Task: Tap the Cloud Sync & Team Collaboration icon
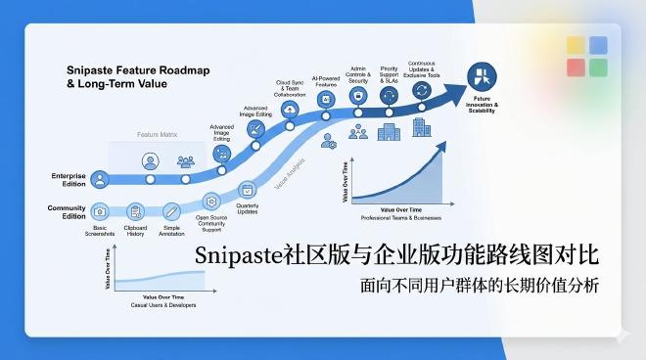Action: pyautogui.click(x=291, y=110)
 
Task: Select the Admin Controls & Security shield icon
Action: pyautogui.click(x=358, y=96)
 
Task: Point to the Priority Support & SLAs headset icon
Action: pyautogui.click(x=389, y=95)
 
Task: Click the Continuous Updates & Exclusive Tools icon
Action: pyautogui.click(x=422, y=90)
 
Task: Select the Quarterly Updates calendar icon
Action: pyautogui.click(x=247, y=189)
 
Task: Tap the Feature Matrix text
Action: pyautogui.click(x=157, y=133)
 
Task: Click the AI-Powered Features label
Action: pyautogui.click(x=326, y=80)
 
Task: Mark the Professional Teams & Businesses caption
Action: pyautogui.click(x=401, y=217)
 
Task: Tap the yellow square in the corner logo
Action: pyautogui.click(x=576, y=45)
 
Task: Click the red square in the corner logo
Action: pyautogui.click(x=576, y=67)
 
